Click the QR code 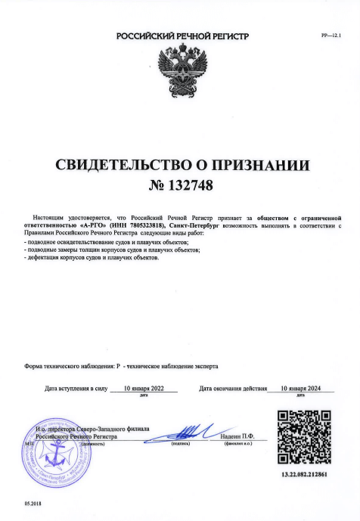coord(303,438)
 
